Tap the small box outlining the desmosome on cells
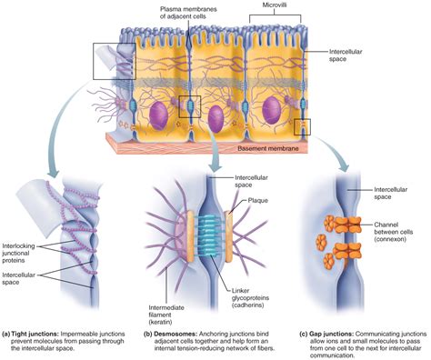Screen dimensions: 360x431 189,105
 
